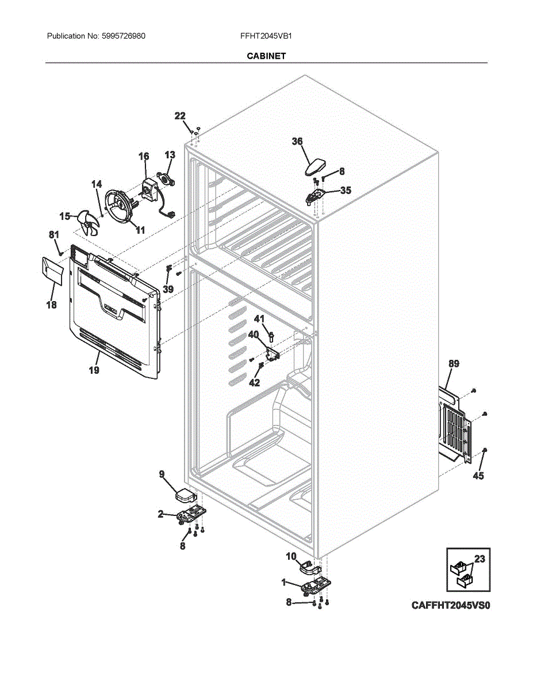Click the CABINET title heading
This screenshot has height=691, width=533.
(x=266, y=56)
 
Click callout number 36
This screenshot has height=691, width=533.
(x=297, y=142)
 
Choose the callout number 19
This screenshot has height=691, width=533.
(x=94, y=370)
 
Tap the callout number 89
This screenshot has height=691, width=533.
(x=454, y=363)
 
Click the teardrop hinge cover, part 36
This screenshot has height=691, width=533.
(x=314, y=166)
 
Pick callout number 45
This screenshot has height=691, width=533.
(x=478, y=476)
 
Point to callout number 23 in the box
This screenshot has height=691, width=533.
(x=480, y=559)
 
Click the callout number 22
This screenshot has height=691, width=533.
(x=180, y=116)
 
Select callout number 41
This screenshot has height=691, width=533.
(x=259, y=319)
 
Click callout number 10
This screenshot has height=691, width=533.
(x=291, y=556)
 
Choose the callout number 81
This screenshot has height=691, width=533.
(x=53, y=234)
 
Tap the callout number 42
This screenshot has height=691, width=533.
(x=254, y=382)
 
